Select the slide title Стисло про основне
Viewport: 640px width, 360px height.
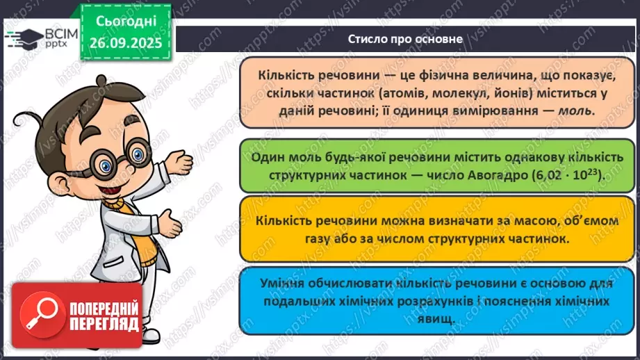click(406, 39)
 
